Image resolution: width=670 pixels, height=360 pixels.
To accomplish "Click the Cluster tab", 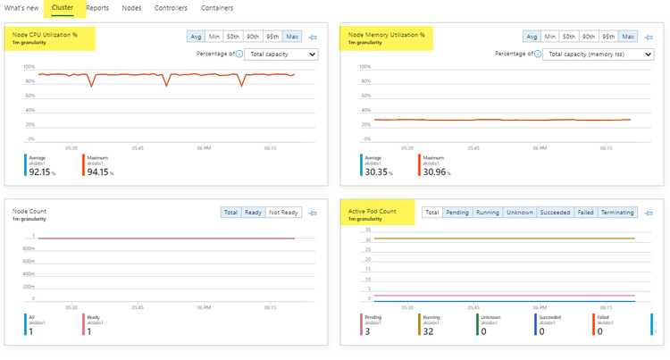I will click(x=63, y=7).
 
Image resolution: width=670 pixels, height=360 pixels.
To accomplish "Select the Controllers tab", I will click(x=171, y=7).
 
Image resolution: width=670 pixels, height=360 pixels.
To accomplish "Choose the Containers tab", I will click(x=216, y=7).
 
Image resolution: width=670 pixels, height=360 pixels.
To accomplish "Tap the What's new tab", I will click(x=21, y=7).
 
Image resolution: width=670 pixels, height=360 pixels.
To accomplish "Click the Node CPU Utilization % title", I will click(x=46, y=34).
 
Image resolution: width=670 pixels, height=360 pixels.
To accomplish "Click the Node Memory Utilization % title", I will click(x=386, y=34).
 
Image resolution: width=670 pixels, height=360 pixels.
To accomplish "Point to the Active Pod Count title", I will click(x=373, y=211).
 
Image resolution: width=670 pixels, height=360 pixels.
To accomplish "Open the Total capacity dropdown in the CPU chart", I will click(x=282, y=54).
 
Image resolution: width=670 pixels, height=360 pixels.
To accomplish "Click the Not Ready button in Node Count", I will click(x=284, y=213).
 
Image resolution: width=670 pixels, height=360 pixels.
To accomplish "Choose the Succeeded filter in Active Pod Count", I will click(x=554, y=213).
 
